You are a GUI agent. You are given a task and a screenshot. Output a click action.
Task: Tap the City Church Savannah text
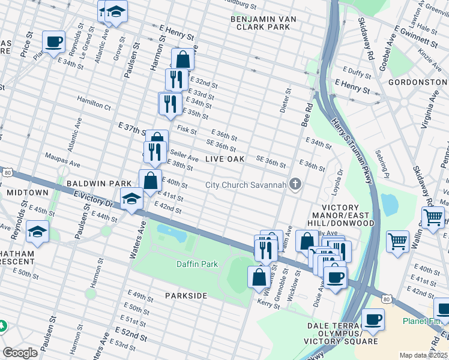(245, 184)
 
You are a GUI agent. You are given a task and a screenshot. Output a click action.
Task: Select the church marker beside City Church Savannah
(295, 184)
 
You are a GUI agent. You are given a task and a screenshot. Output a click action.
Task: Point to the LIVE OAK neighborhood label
(225, 159)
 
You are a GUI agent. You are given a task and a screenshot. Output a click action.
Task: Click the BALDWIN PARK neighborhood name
(91, 182)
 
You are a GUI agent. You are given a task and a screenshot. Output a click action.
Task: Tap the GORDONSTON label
(414, 82)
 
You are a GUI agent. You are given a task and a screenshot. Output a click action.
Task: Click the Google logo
(20, 353)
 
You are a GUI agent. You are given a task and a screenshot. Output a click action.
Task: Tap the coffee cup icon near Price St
(54, 41)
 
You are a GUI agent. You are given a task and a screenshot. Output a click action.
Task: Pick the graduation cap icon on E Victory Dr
(131, 199)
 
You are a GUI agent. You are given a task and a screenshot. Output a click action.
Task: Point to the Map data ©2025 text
(423, 355)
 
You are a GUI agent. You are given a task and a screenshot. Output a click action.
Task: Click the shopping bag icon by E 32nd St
(182, 59)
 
